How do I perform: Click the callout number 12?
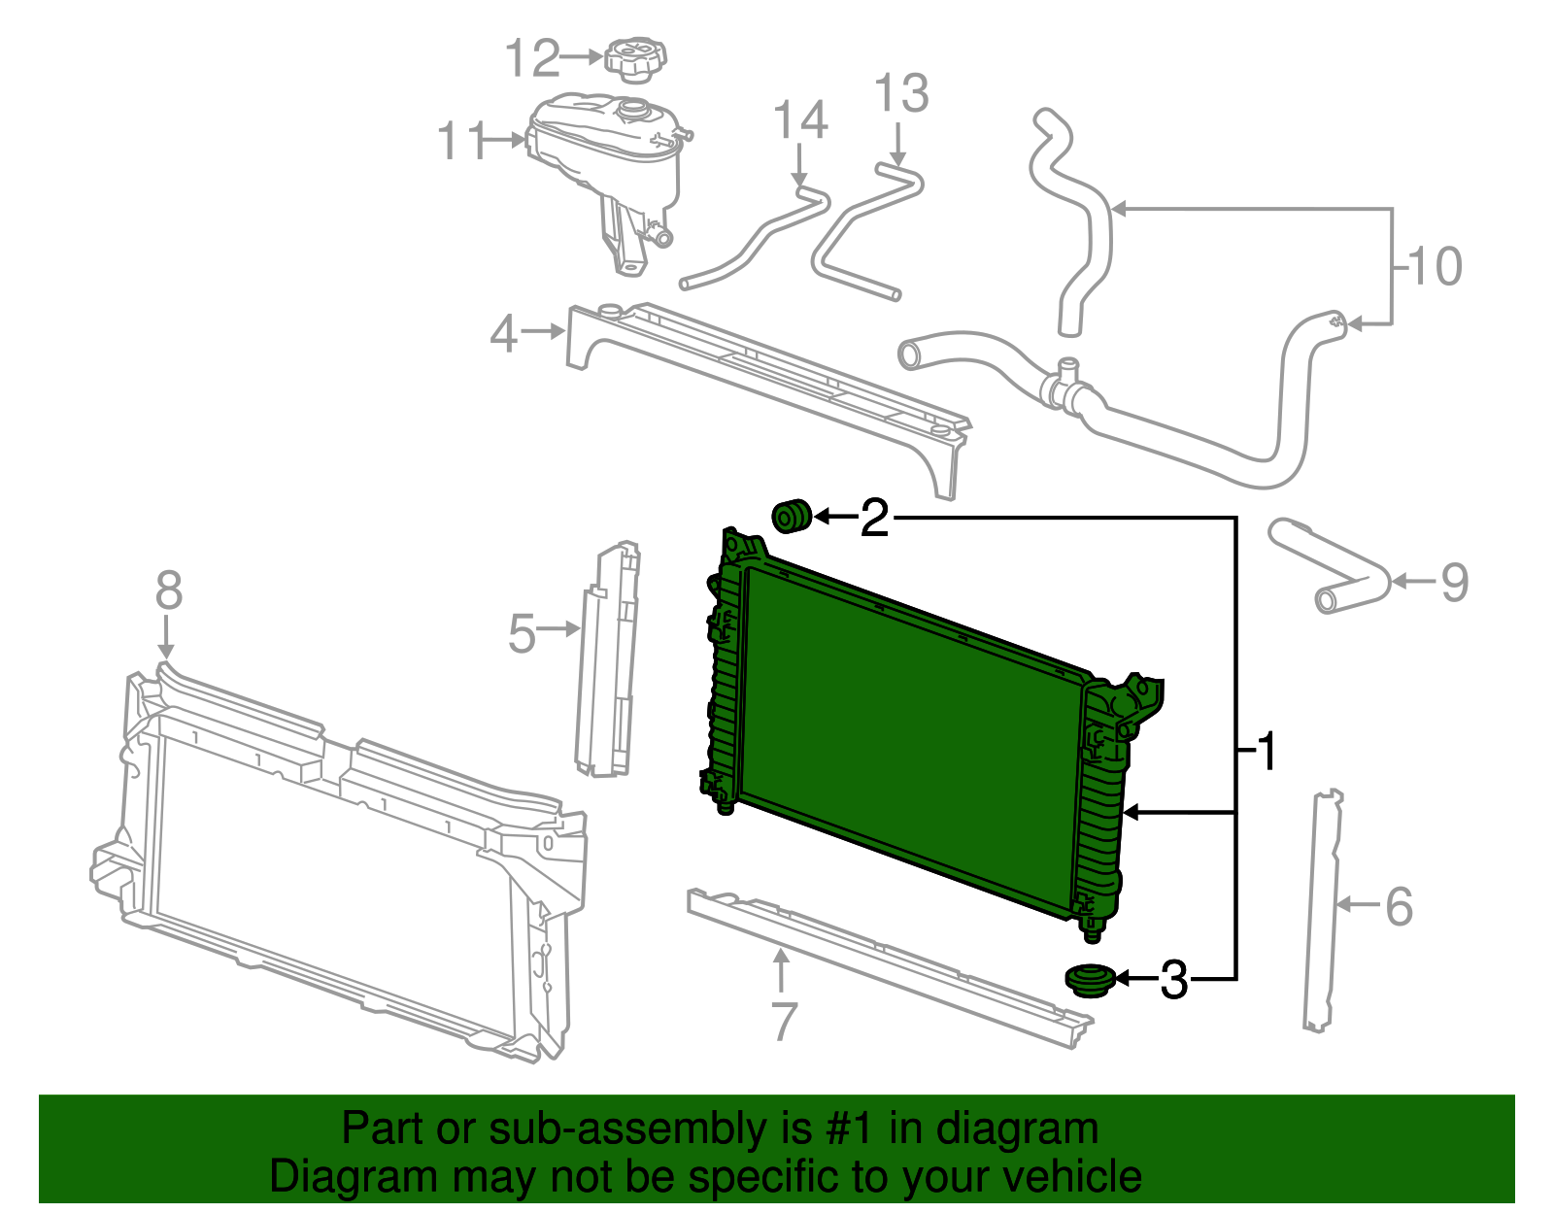click(x=532, y=58)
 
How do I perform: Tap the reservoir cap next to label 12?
click(x=636, y=55)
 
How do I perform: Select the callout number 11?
click(x=461, y=142)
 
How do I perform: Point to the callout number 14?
click(x=800, y=120)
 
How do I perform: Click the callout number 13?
click(x=901, y=94)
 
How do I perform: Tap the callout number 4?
click(x=503, y=334)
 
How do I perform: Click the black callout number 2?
click(x=874, y=518)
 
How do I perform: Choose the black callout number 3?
click(x=1173, y=980)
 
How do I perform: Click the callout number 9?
click(x=1453, y=582)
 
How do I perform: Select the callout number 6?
click(x=1399, y=906)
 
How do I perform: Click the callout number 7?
click(x=783, y=1022)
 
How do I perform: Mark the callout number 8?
click(x=168, y=590)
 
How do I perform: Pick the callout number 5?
click(x=522, y=633)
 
